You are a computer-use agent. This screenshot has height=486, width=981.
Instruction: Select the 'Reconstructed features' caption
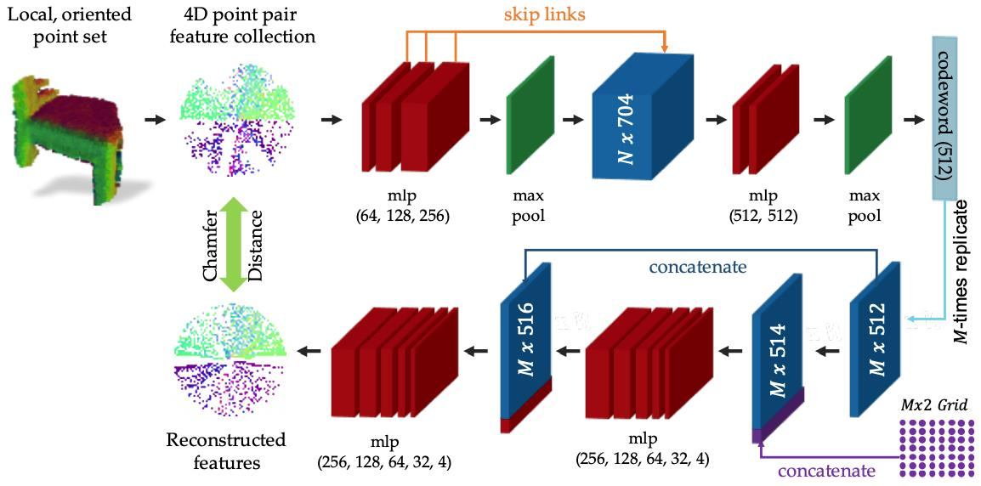pyautogui.click(x=226, y=450)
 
